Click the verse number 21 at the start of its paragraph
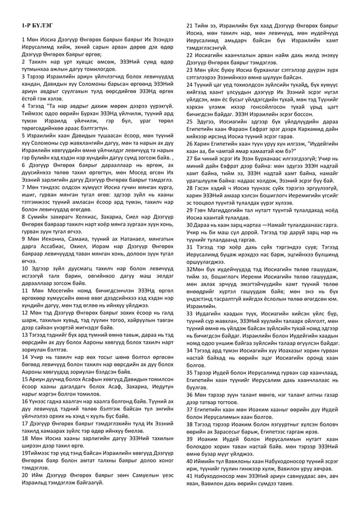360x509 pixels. coord(190,27)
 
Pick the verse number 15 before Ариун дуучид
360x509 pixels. coord(24,385)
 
